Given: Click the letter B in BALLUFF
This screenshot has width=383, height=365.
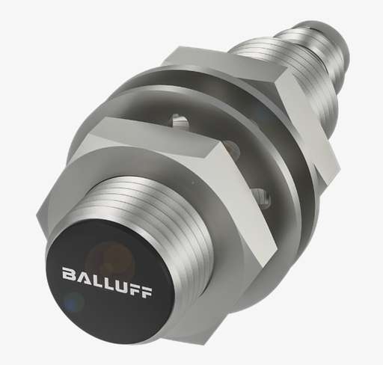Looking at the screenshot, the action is coord(68,274).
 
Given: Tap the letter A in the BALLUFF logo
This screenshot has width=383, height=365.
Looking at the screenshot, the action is coord(82,276).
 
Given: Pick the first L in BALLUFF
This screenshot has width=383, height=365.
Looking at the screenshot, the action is coord(95,279).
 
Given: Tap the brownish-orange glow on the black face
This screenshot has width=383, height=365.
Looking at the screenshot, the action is coord(110,260).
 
